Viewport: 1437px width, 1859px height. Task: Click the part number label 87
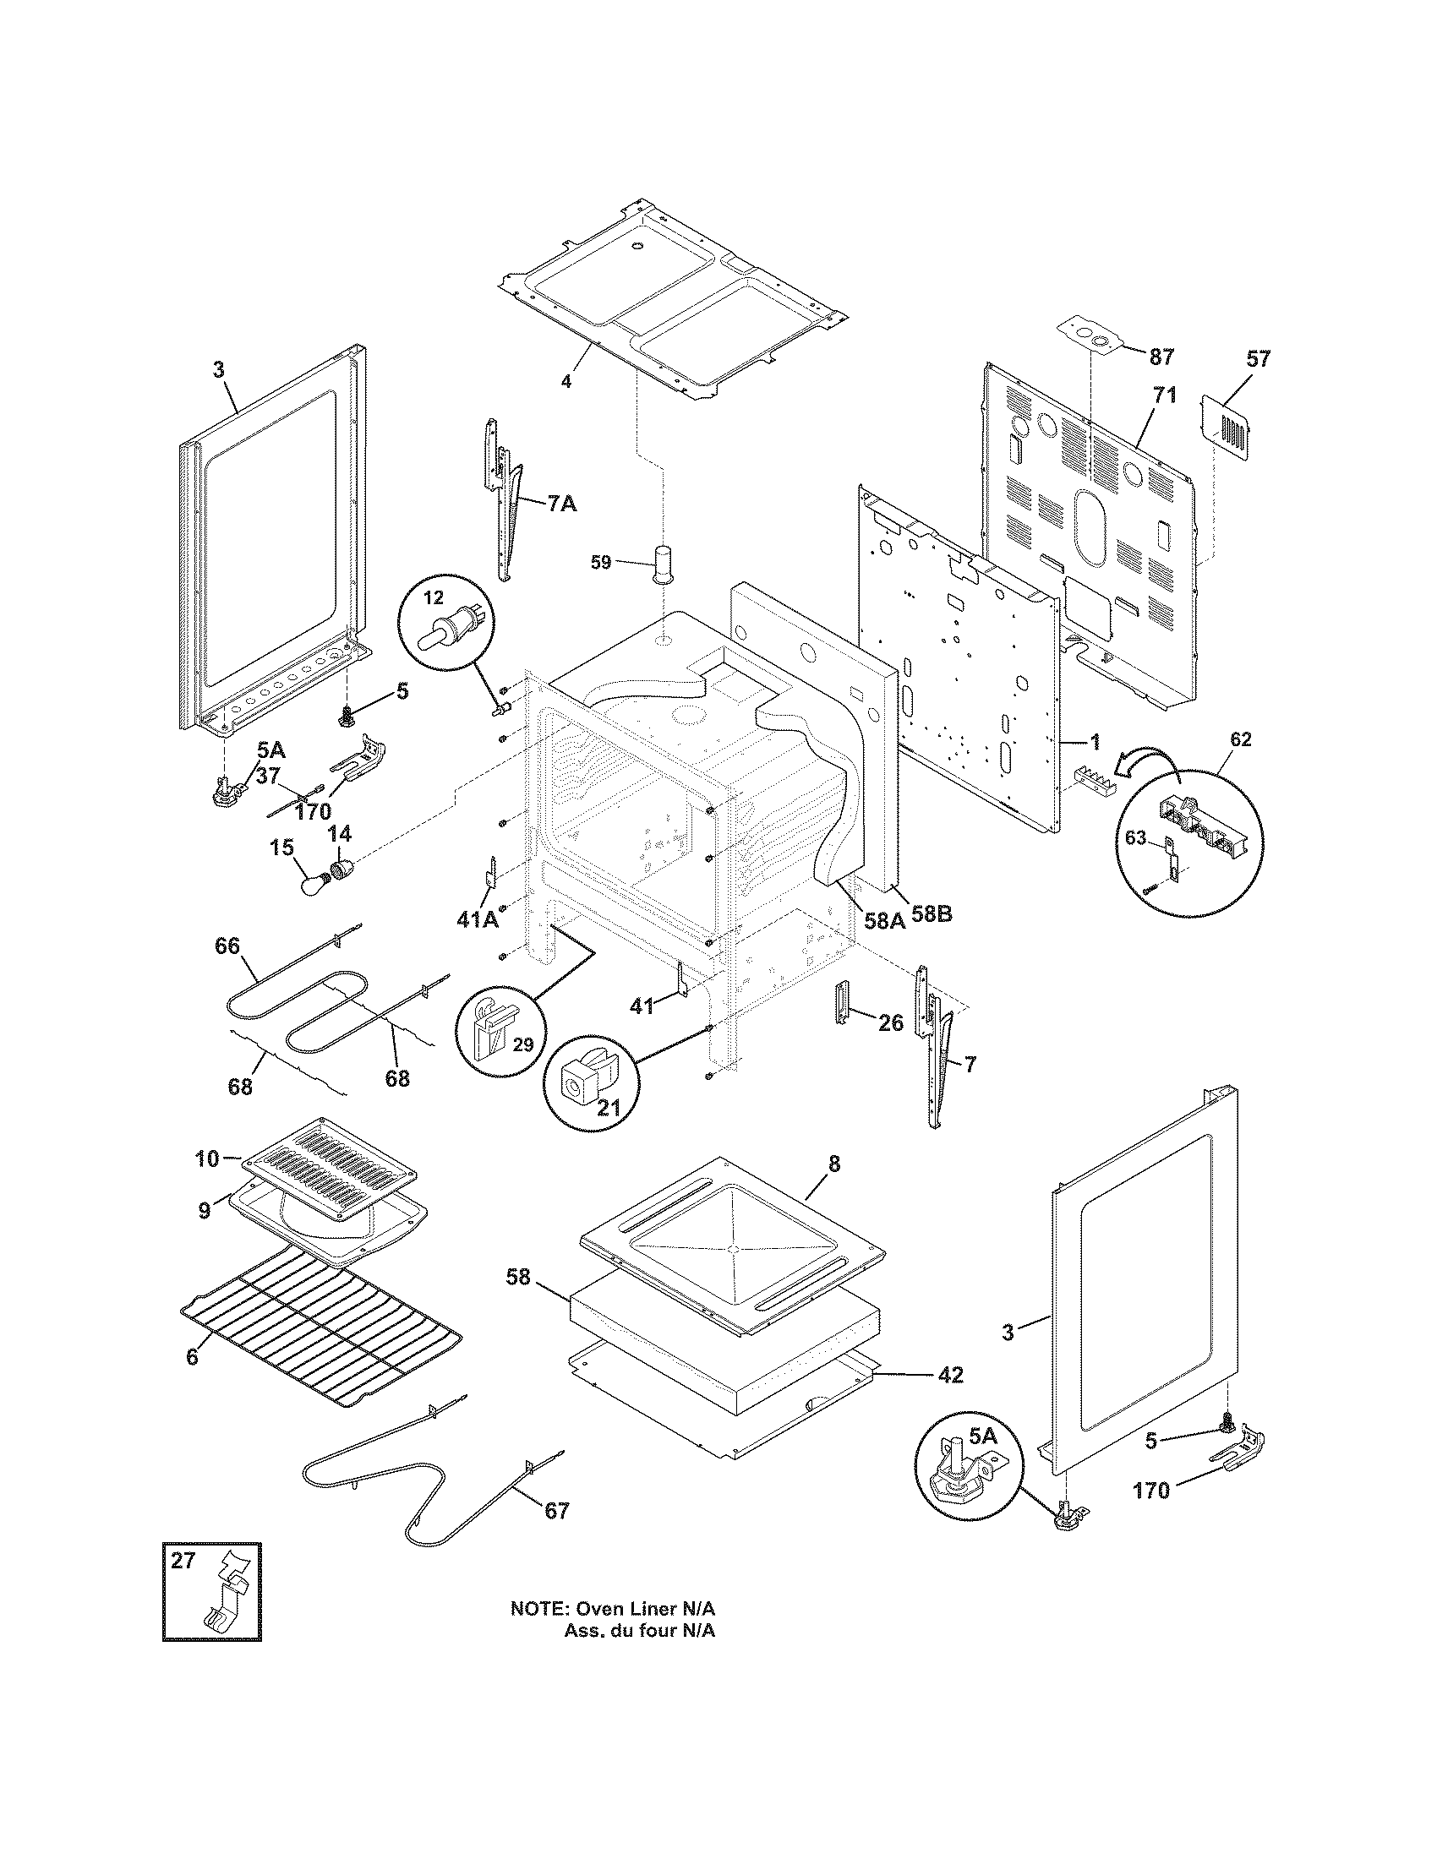(1161, 357)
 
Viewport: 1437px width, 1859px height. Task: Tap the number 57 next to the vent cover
(1258, 359)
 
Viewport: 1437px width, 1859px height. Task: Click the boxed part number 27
(183, 1560)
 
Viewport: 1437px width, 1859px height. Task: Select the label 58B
(931, 915)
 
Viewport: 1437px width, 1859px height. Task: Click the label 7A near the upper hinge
(561, 504)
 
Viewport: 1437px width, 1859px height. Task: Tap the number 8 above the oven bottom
(833, 1164)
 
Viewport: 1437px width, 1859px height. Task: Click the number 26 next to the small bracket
(890, 1022)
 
